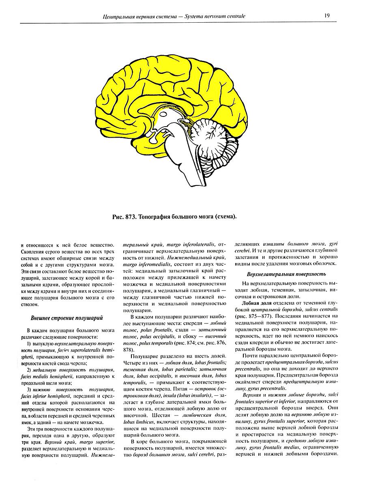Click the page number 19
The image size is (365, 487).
pos(326,16)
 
